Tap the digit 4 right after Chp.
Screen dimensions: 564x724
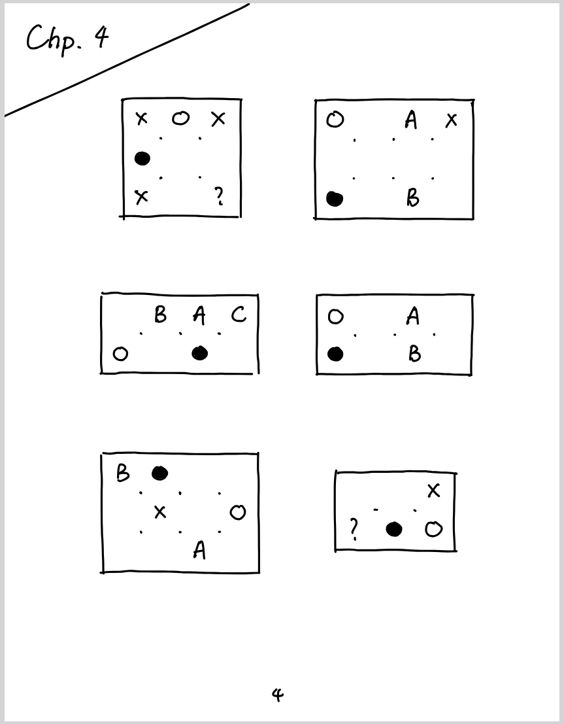(101, 37)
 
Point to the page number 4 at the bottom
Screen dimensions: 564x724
(277, 695)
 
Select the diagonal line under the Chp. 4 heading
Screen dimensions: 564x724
(127, 60)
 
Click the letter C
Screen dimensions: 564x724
(239, 315)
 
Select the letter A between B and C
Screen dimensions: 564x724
(199, 315)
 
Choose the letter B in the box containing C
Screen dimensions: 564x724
(160, 315)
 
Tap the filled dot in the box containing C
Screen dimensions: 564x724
(200, 354)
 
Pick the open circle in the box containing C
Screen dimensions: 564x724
(121, 354)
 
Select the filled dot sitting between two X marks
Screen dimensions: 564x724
(142, 159)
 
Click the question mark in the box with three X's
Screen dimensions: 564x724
(219, 196)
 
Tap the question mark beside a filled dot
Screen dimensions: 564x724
(354, 529)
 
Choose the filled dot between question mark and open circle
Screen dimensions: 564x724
(393, 529)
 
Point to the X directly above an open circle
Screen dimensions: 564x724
(434, 491)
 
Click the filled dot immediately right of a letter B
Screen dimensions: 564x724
(159, 474)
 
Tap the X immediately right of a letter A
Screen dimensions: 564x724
(452, 120)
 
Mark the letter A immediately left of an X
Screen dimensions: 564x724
(411, 120)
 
